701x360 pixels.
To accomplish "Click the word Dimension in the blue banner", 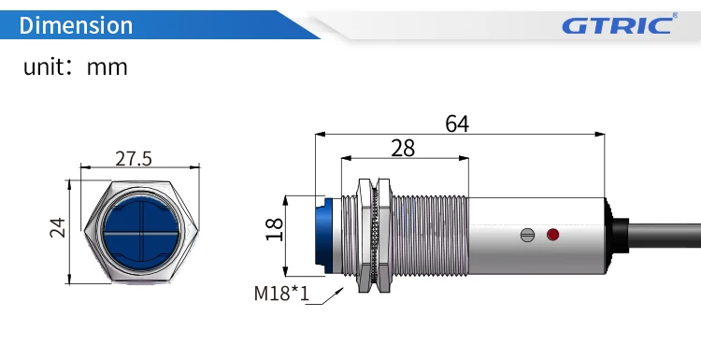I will click(76, 24).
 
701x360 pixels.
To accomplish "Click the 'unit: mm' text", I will click(75, 67).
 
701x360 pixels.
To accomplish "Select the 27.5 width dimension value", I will click(134, 158).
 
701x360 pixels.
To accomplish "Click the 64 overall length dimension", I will click(457, 123).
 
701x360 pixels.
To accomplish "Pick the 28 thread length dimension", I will click(403, 147).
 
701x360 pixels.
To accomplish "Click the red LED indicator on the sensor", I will click(552, 233).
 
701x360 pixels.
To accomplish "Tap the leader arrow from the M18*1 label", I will click(328, 295).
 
